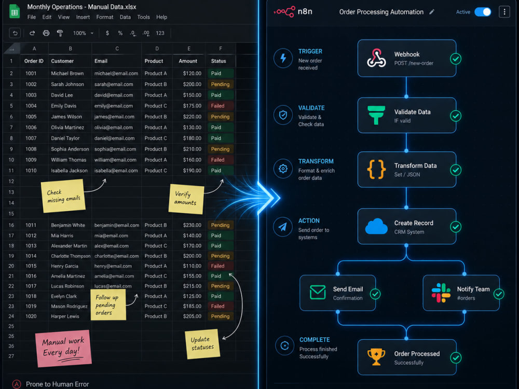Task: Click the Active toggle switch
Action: [x=483, y=12]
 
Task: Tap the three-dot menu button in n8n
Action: [x=504, y=12]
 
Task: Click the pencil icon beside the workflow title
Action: [x=432, y=12]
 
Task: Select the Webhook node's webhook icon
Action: [x=376, y=58]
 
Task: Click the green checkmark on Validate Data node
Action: [x=456, y=116]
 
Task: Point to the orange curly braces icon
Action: [x=376, y=170]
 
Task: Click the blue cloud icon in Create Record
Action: [x=376, y=227]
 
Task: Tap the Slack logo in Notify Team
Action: [x=441, y=293]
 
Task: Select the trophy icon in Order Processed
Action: [x=376, y=357]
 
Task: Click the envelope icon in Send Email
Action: [x=318, y=293]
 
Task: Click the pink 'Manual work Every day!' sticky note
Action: [x=63, y=349]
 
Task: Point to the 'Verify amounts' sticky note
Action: [x=186, y=199]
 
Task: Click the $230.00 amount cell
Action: [x=192, y=225]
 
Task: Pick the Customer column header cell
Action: [x=70, y=61]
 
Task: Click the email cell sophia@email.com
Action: [x=115, y=149]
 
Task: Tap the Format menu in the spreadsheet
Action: [x=105, y=17]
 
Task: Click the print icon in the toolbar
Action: [x=46, y=33]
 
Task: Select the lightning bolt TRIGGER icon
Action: [x=283, y=58]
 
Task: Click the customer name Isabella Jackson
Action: [x=69, y=171]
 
